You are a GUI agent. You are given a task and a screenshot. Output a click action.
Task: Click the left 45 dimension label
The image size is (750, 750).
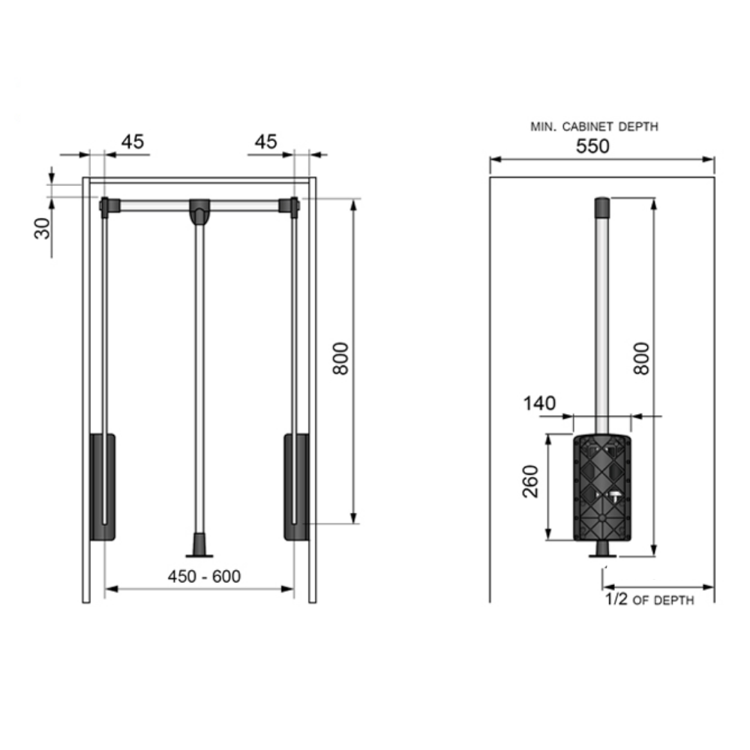pyautogui.click(x=133, y=142)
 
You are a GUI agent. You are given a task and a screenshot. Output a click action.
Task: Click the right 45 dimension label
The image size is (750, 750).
pyautogui.click(x=266, y=142)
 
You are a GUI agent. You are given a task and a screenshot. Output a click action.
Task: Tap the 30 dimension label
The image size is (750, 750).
pyautogui.click(x=43, y=228)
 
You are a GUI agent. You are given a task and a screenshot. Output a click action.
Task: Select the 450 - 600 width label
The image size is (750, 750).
pyautogui.click(x=204, y=576)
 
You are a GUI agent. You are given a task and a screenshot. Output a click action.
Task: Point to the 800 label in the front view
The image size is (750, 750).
pyautogui.click(x=340, y=358)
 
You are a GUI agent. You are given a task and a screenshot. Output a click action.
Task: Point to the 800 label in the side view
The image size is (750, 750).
pyautogui.click(x=641, y=358)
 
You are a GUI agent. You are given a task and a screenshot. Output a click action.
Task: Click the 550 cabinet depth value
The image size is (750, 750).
pyautogui.click(x=592, y=146)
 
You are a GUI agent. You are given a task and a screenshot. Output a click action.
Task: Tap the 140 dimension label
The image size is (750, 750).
pyautogui.click(x=539, y=403)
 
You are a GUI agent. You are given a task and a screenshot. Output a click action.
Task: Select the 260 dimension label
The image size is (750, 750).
pyautogui.click(x=530, y=481)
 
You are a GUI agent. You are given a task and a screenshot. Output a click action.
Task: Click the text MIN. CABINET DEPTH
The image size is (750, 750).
pyautogui.click(x=595, y=127)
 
